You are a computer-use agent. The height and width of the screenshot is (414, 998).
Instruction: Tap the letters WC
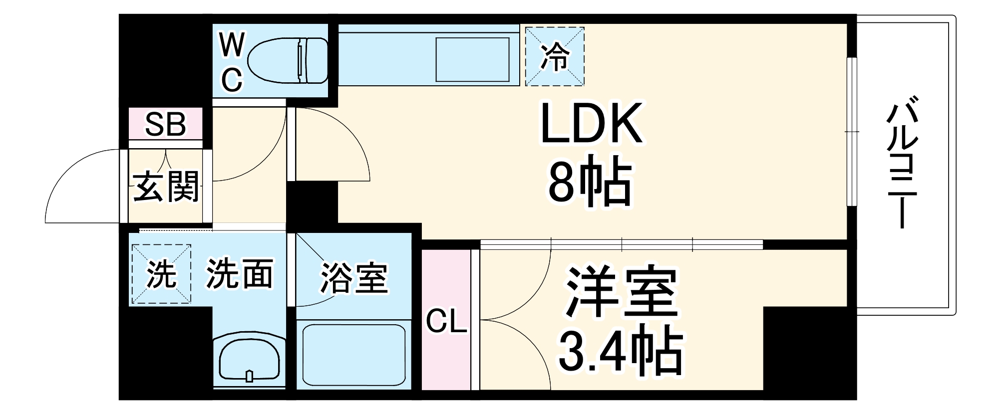(232, 62)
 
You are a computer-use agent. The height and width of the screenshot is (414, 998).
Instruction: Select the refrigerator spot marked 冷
(555, 56)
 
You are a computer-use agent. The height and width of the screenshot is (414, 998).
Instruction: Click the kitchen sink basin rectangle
(472, 59)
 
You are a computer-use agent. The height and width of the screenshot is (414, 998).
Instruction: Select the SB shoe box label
(166, 124)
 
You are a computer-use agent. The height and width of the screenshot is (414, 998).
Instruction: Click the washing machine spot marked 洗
(161, 274)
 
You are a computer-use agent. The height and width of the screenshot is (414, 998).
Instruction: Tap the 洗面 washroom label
(240, 273)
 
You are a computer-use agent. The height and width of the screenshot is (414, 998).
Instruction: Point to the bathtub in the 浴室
(353, 356)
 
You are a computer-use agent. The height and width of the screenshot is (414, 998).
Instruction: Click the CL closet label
(446, 322)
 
